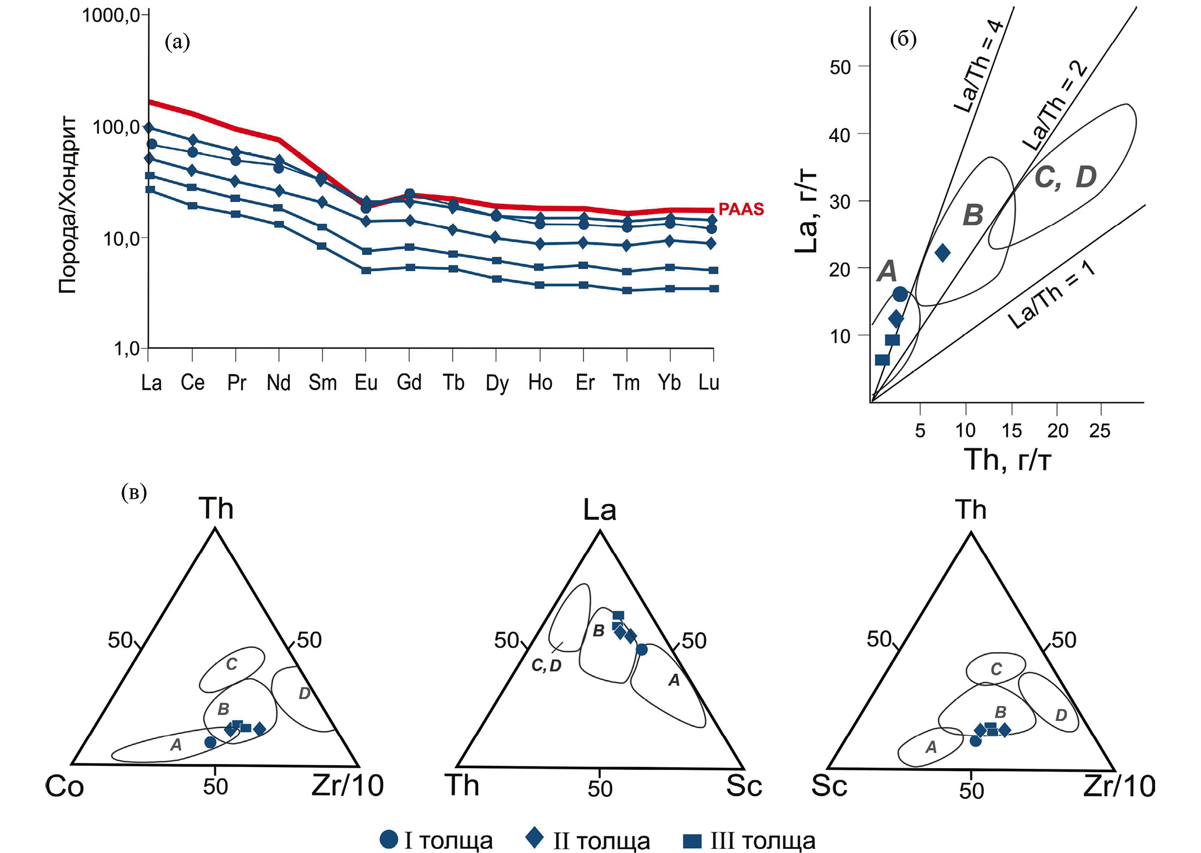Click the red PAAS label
pos(741,210)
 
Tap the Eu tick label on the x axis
pos(366,383)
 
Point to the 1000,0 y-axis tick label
pos(111,15)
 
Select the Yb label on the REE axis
pos(669,383)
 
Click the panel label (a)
pos(177,42)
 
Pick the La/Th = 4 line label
pos(978,67)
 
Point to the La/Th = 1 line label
pos(1052,294)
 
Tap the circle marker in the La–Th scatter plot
pos(900,294)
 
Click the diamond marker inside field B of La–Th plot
pos(942,253)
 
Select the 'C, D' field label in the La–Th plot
pos(1065,177)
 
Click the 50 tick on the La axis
pos(840,67)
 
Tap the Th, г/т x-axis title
pos(1008,460)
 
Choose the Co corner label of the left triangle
pos(64,787)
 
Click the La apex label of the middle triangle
pos(600,510)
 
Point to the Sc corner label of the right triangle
pos(829,786)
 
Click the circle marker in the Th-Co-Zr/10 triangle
pos(210,742)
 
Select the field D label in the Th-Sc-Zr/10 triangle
pos(1061,715)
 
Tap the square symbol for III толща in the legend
pos(692,841)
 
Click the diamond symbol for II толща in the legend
pos(535,838)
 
